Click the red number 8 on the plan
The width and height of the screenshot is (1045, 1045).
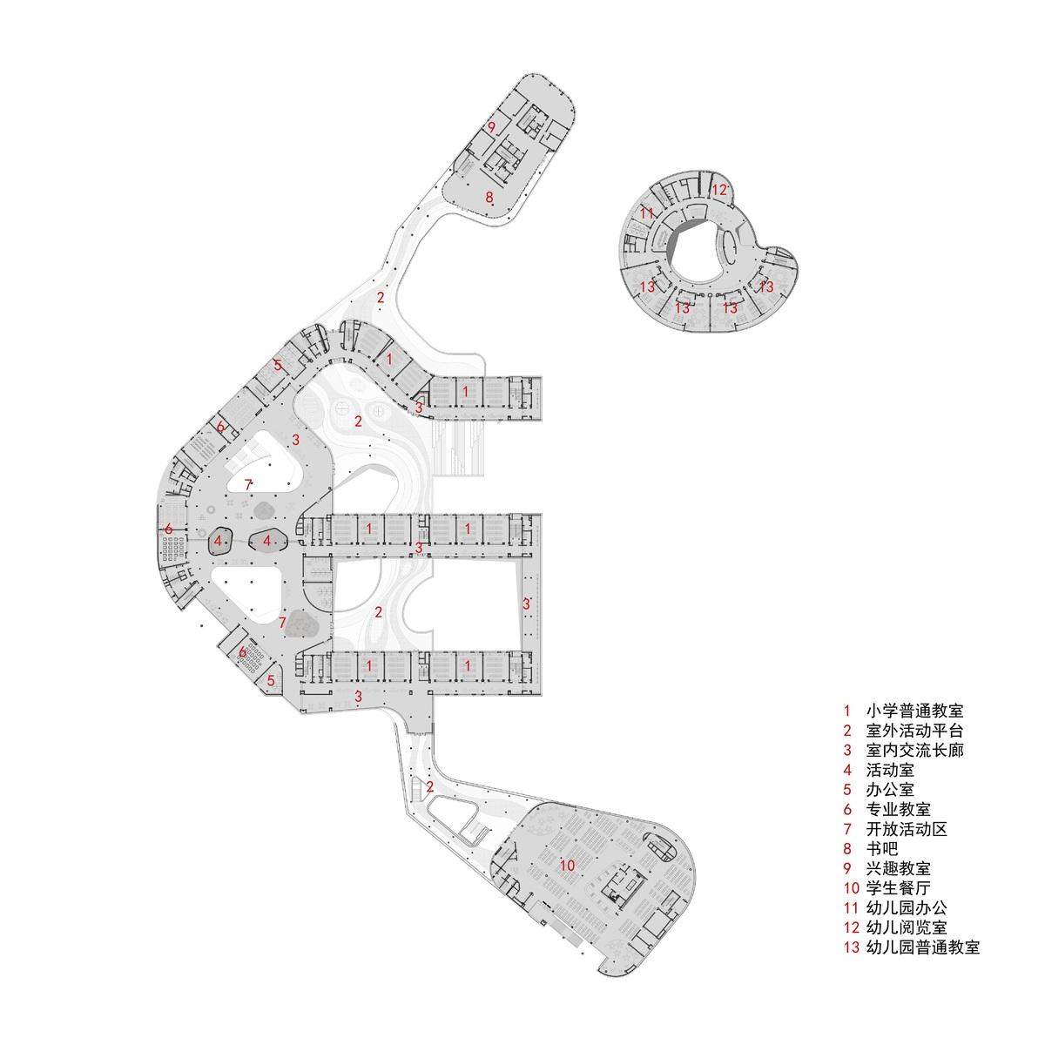(489, 198)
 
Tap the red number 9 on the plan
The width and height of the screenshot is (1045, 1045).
(491, 128)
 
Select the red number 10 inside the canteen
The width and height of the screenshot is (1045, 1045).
(567, 865)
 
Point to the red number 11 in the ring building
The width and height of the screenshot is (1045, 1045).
(646, 213)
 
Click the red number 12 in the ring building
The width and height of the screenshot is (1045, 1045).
(719, 190)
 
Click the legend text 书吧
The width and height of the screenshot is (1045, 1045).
(882, 848)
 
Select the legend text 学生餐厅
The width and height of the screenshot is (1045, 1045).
(899, 887)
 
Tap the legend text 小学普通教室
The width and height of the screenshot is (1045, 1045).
(915, 711)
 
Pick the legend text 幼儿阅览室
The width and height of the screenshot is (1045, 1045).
(907, 927)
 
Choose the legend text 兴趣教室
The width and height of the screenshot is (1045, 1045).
(899, 867)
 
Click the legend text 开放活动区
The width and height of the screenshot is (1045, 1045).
(907, 829)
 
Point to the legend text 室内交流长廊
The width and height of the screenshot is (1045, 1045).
(915, 750)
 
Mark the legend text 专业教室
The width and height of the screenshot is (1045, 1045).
(899, 809)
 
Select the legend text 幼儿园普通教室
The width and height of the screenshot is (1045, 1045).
(923, 947)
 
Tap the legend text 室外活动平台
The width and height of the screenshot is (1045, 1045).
(915, 731)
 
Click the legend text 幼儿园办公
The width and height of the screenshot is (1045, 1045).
(907, 907)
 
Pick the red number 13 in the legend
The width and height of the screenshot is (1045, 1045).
(852, 947)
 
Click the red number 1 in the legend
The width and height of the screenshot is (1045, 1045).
(847, 711)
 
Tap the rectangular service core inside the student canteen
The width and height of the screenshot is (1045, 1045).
(623, 885)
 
